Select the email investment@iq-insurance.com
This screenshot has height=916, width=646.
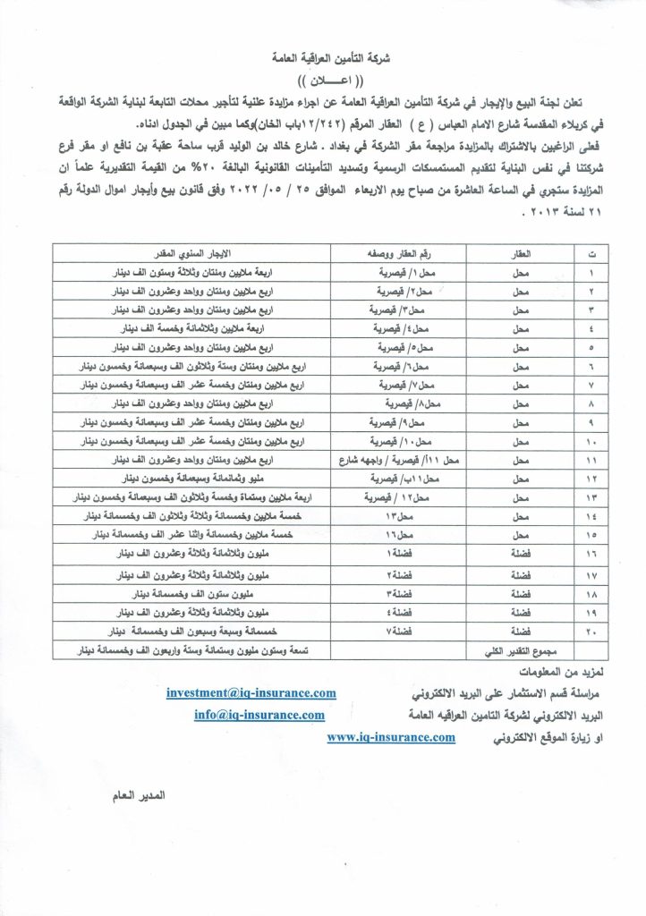click(x=251, y=691)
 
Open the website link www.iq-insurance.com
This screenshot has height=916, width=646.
click(x=392, y=736)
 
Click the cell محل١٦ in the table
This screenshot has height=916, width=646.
click(x=395, y=534)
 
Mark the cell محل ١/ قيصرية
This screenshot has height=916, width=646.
click(x=395, y=271)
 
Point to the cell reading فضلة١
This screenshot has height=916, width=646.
click(x=395, y=553)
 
